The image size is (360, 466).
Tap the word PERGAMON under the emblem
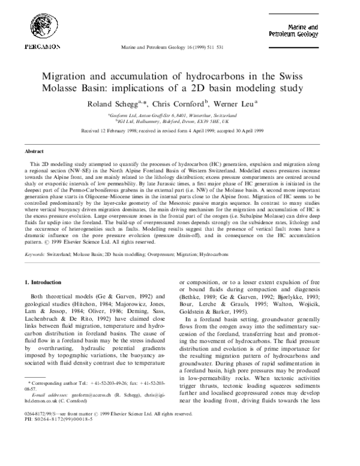click(x=41, y=46)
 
